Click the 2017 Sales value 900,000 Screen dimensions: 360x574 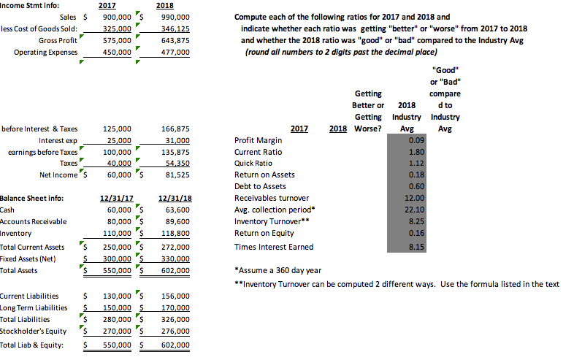(x=116, y=17)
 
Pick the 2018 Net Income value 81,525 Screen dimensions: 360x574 (x=175, y=175)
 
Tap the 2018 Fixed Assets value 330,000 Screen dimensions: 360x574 (x=175, y=258)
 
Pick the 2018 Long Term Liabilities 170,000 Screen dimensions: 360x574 (x=175, y=307)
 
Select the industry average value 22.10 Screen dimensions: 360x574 (x=414, y=210)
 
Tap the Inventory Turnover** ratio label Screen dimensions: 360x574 (x=268, y=221)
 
